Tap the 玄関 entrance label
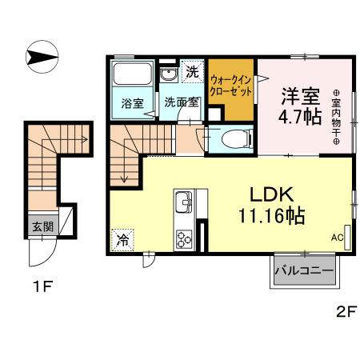43,226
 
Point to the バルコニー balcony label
304,271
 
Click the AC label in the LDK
337,236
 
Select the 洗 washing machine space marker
193,72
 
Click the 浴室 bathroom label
133,102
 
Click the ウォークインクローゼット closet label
232,86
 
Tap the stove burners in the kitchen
184,238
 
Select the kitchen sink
182,200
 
